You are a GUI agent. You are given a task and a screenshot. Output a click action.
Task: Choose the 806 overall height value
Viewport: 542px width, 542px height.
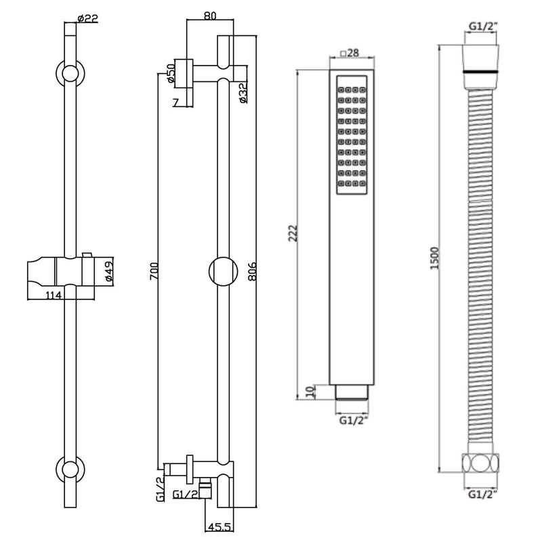click(252, 271)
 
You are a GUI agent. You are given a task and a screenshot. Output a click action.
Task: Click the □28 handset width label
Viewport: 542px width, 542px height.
click(348, 53)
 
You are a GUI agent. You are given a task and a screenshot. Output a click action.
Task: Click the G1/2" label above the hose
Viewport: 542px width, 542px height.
click(484, 28)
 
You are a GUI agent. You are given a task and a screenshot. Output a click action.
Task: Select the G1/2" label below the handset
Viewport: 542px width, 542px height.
click(352, 420)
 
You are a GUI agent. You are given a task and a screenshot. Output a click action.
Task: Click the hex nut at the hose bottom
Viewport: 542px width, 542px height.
click(484, 465)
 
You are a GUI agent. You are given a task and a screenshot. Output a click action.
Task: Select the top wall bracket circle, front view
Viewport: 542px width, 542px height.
click(69, 73)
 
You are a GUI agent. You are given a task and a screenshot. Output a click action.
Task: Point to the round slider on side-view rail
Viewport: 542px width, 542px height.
click(223, 271)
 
